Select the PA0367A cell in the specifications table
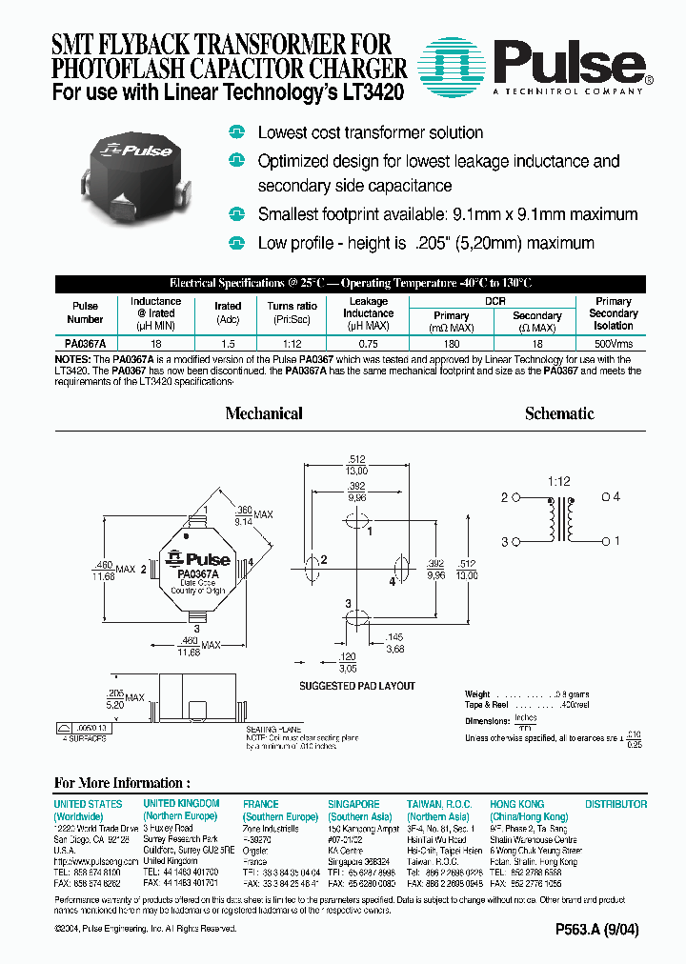click(85, 342)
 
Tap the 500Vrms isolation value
click(613, 342)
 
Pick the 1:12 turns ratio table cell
click(282, 342)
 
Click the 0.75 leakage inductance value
click(368, 342)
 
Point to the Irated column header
click(228, 307)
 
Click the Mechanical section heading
click(264, 413)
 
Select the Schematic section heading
click(559, 413)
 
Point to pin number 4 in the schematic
click(616, 497)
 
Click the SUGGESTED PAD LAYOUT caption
click(357, 686)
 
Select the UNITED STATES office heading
click(88, 804)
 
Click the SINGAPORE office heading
click(353, 804)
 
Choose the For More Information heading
click(114, 783)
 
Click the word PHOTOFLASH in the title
click(120, 68)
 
